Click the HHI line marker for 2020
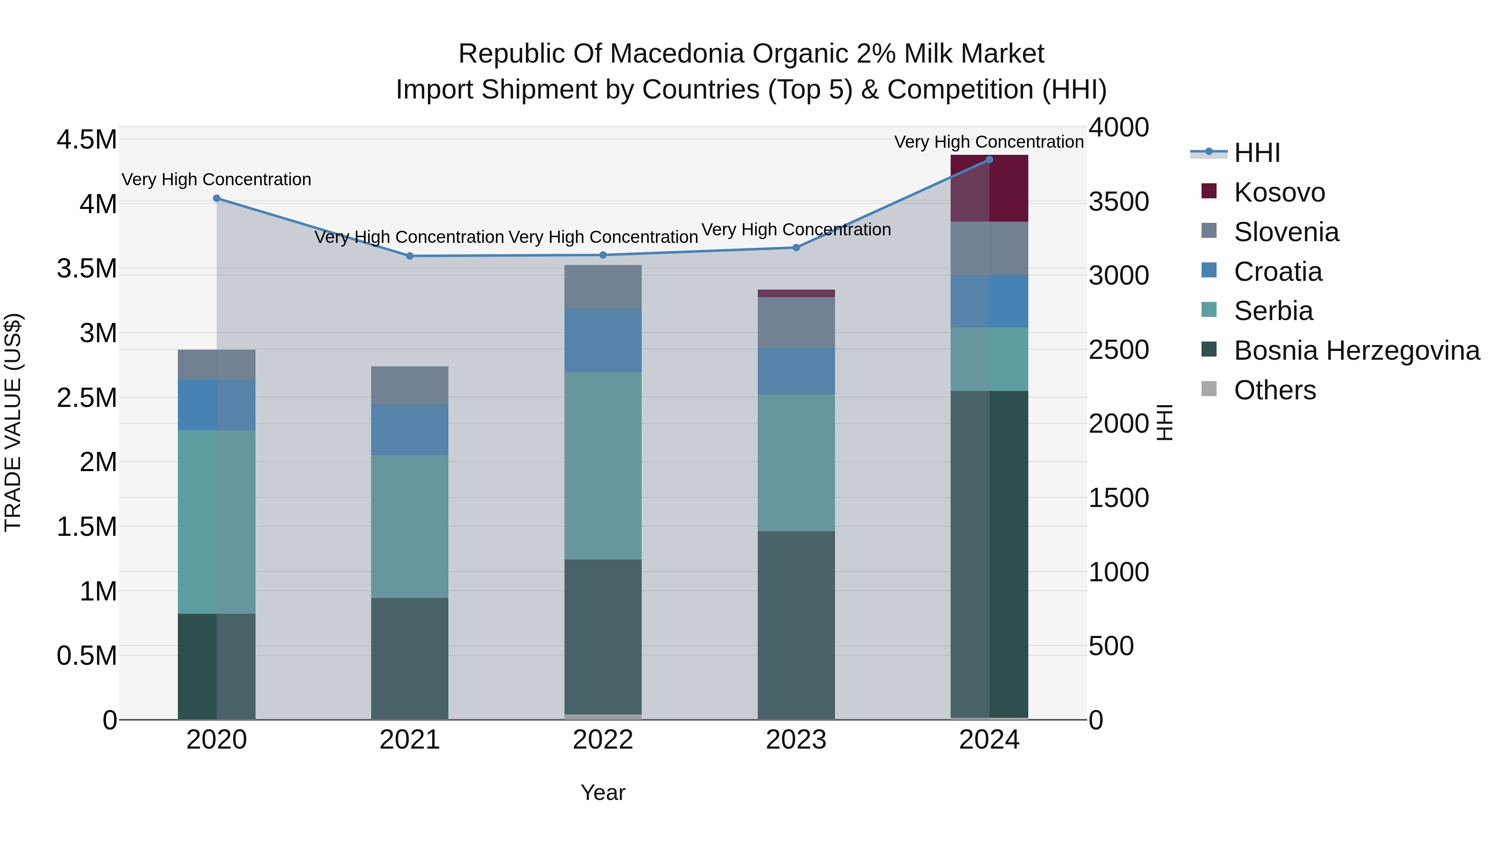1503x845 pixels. (x=216, y=198)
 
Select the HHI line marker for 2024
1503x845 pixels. (x=989, y=160)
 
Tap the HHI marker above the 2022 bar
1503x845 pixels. (x=603, y=255)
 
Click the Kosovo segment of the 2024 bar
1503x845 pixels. (x=989, y=188)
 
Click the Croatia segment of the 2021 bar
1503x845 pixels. (x=410, y=430)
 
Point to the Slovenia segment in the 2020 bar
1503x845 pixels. (x=216, y=365)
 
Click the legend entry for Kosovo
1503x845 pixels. (x=1279, y=192)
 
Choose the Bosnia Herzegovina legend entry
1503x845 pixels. (x=1356, y=351)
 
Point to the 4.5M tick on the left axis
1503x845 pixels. (x=86, y=140)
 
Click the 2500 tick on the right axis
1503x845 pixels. (x=1118, y=350)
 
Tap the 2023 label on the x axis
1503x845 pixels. (x=796, y=740)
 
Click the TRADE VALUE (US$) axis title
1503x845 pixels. (x=13, y=423)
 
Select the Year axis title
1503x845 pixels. (x=603, y=792)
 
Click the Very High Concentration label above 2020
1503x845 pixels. (x=216, y=179)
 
